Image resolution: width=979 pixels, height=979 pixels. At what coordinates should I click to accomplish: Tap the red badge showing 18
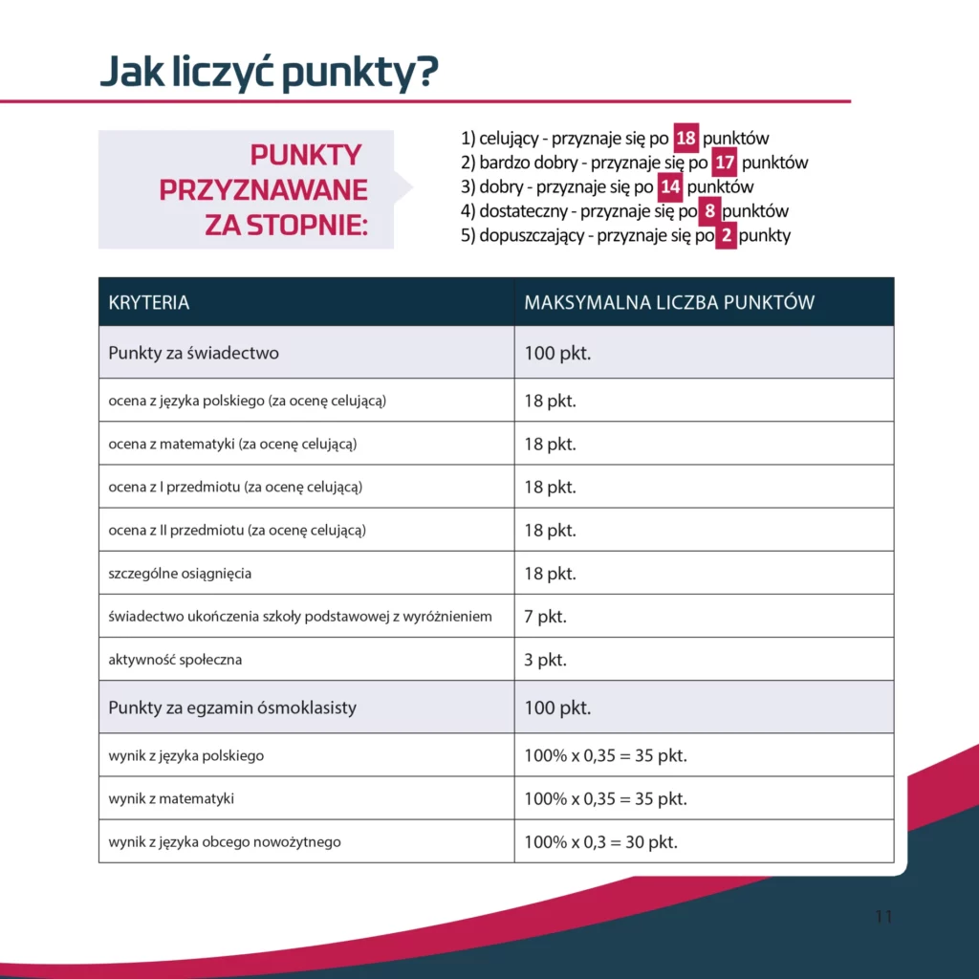pyautogui.click(x=685, y=139)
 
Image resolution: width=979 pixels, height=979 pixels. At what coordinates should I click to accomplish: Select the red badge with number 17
pyautogui.click(x=725, y=163)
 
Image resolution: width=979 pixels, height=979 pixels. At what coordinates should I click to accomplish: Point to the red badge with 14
pyautogui.click(x=670, y=186)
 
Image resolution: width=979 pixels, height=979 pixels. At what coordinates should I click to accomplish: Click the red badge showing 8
pyautogui.click(x=709, y=211)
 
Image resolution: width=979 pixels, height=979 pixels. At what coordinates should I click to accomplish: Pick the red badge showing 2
pyautogui.click(x=726, y=235)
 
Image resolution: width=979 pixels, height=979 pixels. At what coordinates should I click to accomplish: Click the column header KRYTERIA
pyautogui.click(x=149, y=303)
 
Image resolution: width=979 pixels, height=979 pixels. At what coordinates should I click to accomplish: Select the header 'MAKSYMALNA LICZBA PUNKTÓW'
pyautogui.click(x=669, y=303)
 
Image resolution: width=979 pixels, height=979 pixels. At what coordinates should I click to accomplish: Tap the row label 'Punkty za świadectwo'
pyautogui.click(x=194, y=353)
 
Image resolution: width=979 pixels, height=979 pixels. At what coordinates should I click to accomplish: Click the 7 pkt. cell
pyautogui.click(x=545, y=617)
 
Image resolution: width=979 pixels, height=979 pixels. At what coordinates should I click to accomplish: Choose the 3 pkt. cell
pyautogui.click(x=545, y=660)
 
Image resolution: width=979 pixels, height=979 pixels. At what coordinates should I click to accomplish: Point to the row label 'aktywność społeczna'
pyautogui.click(x=175, y=660)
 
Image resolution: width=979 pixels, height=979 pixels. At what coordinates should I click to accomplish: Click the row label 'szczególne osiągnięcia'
pyautogui.click(x=181, y=574)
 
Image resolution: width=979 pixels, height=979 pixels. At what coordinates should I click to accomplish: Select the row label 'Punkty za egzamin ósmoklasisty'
pyautogui.click(x=232, y=707)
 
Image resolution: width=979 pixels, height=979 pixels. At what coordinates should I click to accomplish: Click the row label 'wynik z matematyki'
pyautogui.click(x=171, y=798)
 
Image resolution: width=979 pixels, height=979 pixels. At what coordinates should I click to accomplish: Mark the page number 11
pyautogui.click(x=883, y=917)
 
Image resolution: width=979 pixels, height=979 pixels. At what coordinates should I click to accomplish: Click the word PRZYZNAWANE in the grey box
pyautogui.click(x=264, y=189)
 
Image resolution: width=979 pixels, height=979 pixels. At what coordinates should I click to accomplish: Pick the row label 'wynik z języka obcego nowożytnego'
pyautogui.click(x=225, y=842)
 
